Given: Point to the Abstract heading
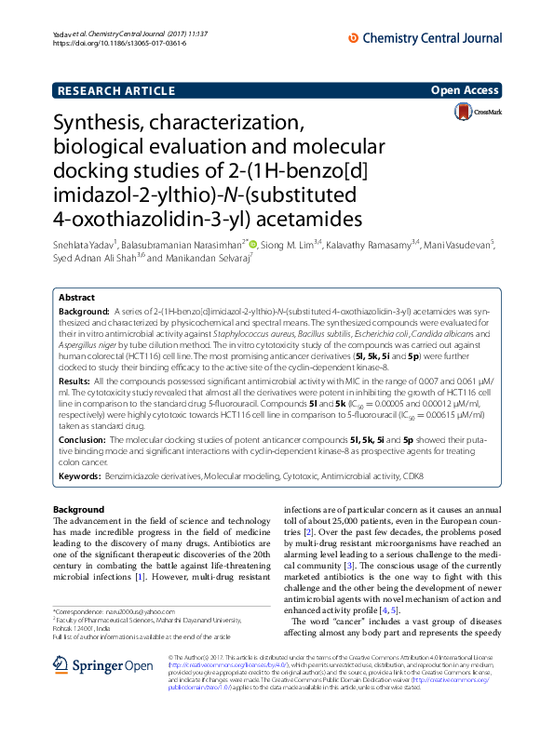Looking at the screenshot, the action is pos(77,297).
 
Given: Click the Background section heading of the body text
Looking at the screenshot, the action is pos(79,510).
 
